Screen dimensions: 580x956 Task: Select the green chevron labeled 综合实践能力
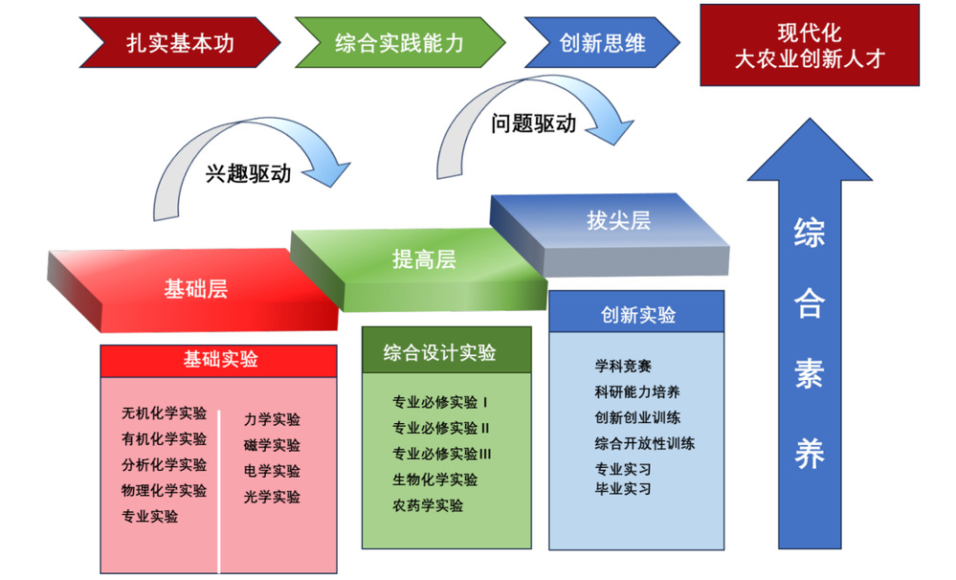point(399,43)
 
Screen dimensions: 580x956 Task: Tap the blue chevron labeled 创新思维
point(602,43)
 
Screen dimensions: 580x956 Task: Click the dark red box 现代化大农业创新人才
point(810,45)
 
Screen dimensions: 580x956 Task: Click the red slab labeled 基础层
point(195,288)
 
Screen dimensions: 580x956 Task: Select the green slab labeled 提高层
point(423,259)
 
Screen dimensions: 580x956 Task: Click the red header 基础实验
point(220,359)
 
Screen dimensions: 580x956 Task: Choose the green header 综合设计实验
point(446,351)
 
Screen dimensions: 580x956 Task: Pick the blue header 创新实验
point(637,315)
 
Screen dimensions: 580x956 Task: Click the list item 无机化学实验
point(164,413)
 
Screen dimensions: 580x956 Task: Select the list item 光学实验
point(272,497)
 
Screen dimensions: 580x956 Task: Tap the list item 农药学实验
point(427,504)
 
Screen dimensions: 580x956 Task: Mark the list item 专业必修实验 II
point(440,428)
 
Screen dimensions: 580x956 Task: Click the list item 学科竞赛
point(623,367)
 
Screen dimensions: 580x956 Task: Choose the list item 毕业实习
point(623,488)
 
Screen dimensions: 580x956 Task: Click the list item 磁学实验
point(272,445)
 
